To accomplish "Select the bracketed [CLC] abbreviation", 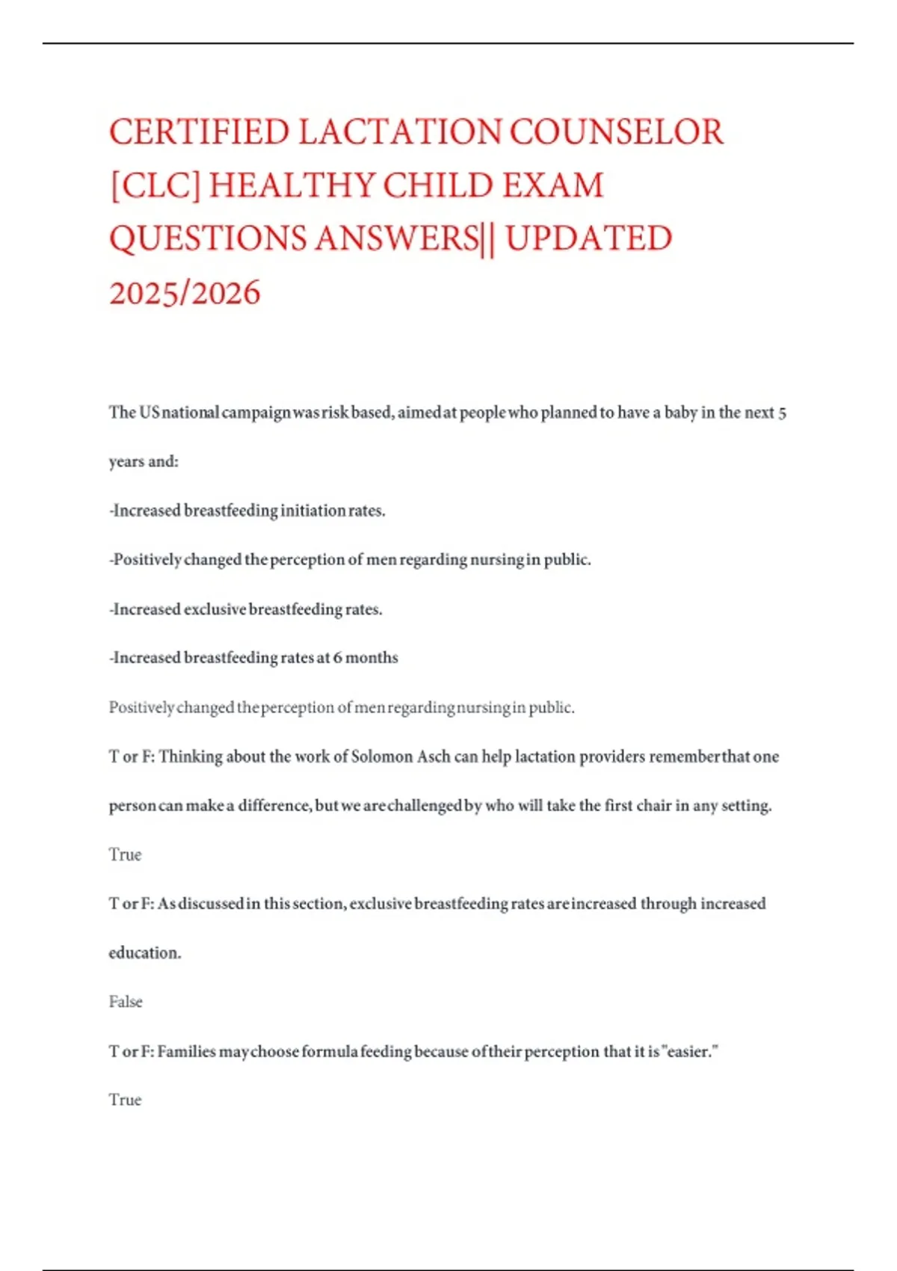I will coord(155,186).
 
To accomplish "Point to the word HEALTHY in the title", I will coord(292,186).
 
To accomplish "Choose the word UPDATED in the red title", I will coord(589,239).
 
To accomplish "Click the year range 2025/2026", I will coord(185,293).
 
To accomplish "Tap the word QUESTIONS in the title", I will coord(208,239).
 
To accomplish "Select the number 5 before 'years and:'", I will coord(782,413).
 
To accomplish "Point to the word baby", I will coord(680,413).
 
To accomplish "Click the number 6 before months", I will coord(338,658).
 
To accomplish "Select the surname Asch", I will coord(434,757).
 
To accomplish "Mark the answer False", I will coord(126,1002).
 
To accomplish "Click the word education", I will coord(144,953).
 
